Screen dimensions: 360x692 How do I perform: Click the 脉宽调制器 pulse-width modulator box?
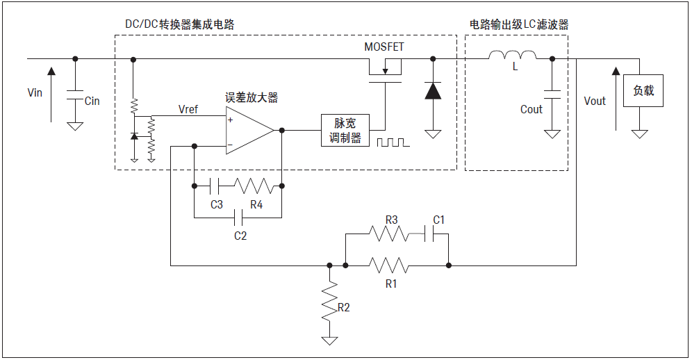(345, 130)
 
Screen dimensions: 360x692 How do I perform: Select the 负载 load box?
(643, 91)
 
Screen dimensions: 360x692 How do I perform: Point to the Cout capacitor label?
(531, 109)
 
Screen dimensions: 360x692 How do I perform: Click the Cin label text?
(92, 101)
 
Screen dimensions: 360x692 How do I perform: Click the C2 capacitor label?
(240, 236)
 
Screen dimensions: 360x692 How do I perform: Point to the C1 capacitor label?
(438, 220)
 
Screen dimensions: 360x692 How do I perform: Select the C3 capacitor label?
(217, 204)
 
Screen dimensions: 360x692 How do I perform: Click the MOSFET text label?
(384, 47)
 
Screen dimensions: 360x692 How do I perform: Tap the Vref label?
(188, 110)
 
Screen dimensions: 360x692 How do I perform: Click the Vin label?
(35, 92)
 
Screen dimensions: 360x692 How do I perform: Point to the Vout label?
(595, 101)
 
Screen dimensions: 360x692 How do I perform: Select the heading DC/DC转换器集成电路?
(179, 24)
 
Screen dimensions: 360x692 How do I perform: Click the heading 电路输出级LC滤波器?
(519, 24)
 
